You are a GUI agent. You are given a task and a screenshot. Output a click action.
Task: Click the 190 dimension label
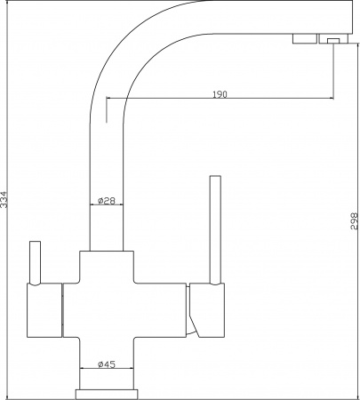(220, 94)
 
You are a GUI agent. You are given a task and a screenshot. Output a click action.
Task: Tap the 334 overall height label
(4, 199)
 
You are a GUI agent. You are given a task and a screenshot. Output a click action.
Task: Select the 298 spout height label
(355, 221)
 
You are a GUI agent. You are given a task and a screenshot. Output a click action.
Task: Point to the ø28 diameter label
(106, 201)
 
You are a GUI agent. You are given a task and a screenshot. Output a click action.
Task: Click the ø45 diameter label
(107, 364)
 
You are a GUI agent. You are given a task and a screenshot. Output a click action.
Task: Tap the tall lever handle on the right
(215, 230)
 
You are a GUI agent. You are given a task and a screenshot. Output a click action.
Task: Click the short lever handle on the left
(35, 263)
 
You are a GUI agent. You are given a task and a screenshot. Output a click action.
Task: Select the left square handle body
(44, 310)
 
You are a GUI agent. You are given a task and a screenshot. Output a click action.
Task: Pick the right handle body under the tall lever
(207, 310)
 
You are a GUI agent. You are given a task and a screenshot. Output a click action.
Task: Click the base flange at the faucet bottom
(107, 395)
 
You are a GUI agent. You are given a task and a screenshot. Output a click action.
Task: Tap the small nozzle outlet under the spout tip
(333, 41)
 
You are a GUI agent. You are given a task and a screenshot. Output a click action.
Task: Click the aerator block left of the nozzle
(305, 39)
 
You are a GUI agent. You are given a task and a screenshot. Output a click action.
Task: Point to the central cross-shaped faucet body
(124, 310)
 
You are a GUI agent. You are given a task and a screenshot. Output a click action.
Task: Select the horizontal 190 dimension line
(220, 98)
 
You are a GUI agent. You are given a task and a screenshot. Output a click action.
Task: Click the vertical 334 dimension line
(6, 200)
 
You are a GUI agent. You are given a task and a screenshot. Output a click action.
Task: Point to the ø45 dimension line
(107, 369)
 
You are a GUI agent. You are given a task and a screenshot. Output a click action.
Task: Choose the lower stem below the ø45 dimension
(107, 380)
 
